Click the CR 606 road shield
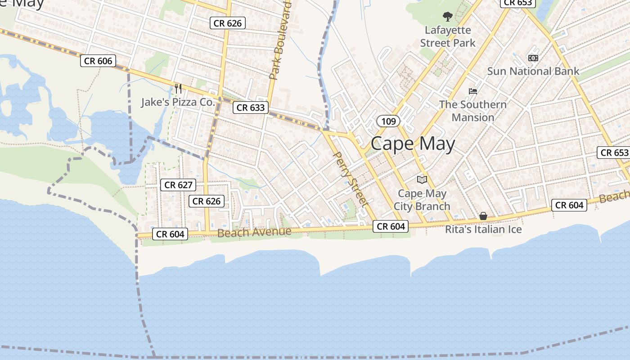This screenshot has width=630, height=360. point(98,61)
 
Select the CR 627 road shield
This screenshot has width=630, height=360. point(178,184)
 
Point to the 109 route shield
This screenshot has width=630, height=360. point(388,121)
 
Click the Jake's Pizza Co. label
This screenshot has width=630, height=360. point(178,102)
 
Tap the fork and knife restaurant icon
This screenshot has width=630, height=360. point(178,88)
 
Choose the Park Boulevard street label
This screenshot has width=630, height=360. point(280,40)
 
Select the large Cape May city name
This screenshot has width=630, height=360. point(413,144)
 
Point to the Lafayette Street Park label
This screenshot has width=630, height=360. point(447,36)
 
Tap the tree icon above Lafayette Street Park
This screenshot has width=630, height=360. point(447,17)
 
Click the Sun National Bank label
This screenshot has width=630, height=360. point(533,71)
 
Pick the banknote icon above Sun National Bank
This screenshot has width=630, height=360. point(533,58)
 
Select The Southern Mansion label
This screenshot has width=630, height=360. point(472,111)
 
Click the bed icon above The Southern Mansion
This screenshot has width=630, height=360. point(472,91)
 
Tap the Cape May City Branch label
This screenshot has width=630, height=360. point(422,200)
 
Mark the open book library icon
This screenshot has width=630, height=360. point(422,180)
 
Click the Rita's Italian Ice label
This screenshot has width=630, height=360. point(483,229)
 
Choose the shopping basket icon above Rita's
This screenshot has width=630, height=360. point(483,216)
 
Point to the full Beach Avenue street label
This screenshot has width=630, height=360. point(254,232)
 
